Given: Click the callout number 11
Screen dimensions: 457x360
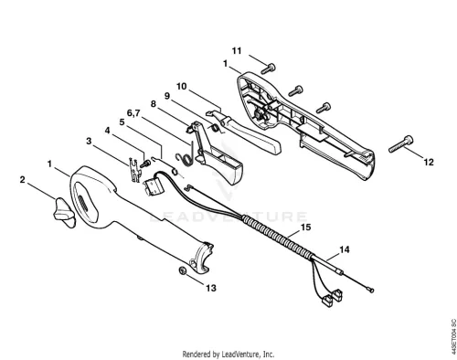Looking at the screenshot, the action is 237,50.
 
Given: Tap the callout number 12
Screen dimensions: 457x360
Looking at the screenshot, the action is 429,162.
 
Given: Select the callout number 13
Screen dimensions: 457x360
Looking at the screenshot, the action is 211,288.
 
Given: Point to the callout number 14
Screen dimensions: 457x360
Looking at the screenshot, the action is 344,249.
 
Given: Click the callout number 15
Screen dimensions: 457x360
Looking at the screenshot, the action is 305,228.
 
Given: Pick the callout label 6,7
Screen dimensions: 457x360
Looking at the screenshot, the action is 133,113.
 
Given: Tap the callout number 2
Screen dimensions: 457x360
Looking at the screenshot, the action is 22,180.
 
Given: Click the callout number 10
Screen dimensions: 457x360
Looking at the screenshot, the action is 181,86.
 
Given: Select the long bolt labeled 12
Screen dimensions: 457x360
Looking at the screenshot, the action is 401,144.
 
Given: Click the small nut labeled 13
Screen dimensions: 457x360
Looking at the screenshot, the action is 183,270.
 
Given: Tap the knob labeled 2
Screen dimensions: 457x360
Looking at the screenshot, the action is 65,212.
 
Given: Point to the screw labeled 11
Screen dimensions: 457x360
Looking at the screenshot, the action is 268,69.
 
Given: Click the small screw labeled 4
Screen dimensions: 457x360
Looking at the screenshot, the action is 145,164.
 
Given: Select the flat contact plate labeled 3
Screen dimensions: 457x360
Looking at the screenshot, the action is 134,169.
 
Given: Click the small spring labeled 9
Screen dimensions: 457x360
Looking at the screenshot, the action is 216,128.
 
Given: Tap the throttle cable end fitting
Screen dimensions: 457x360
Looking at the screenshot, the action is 371,291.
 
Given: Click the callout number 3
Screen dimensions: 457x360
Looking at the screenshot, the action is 89,141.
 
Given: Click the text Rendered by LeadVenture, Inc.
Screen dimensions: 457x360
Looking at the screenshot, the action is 228,354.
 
